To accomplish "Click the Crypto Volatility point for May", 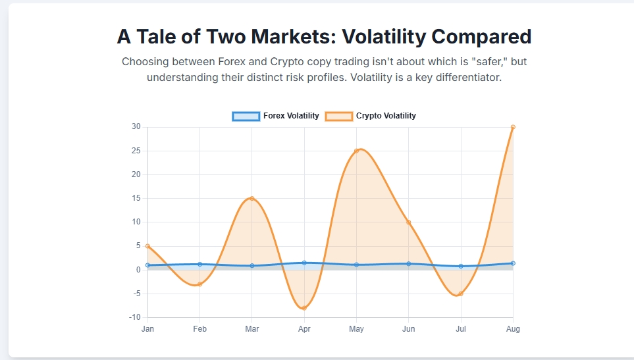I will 356,151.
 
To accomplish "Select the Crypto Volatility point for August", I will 513,127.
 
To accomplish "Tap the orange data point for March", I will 251,198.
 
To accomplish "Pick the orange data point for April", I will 304,308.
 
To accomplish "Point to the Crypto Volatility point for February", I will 199,284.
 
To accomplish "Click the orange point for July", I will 461,294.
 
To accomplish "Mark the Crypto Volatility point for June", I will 408,222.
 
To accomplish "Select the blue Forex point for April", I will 304,263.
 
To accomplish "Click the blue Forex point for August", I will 513,263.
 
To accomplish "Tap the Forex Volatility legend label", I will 291,116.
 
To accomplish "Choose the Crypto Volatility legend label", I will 386,116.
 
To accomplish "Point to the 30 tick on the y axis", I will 136,127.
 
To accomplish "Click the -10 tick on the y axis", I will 135,317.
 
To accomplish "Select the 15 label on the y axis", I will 136,198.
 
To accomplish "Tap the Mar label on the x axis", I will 251,329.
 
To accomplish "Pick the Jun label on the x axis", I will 408,329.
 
